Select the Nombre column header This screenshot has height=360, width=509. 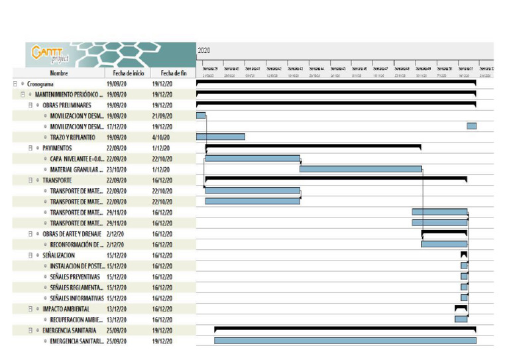[x=58, y=73]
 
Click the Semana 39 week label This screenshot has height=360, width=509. [x=209, y=68]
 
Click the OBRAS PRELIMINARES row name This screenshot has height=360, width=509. [x=67, y=105]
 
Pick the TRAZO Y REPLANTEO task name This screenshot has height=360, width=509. [x=73, y=137]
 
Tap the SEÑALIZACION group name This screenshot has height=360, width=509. [x=58, y=255]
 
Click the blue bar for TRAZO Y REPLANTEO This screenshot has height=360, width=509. [x=221, y=137]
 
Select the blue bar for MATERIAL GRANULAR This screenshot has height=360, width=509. [x=361, y=169]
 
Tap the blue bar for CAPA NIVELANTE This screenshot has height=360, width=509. [x=253, y=158]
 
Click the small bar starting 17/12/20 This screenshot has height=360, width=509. [x=471, y=126]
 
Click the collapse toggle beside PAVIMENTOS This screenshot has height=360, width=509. [x=30, y=149]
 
